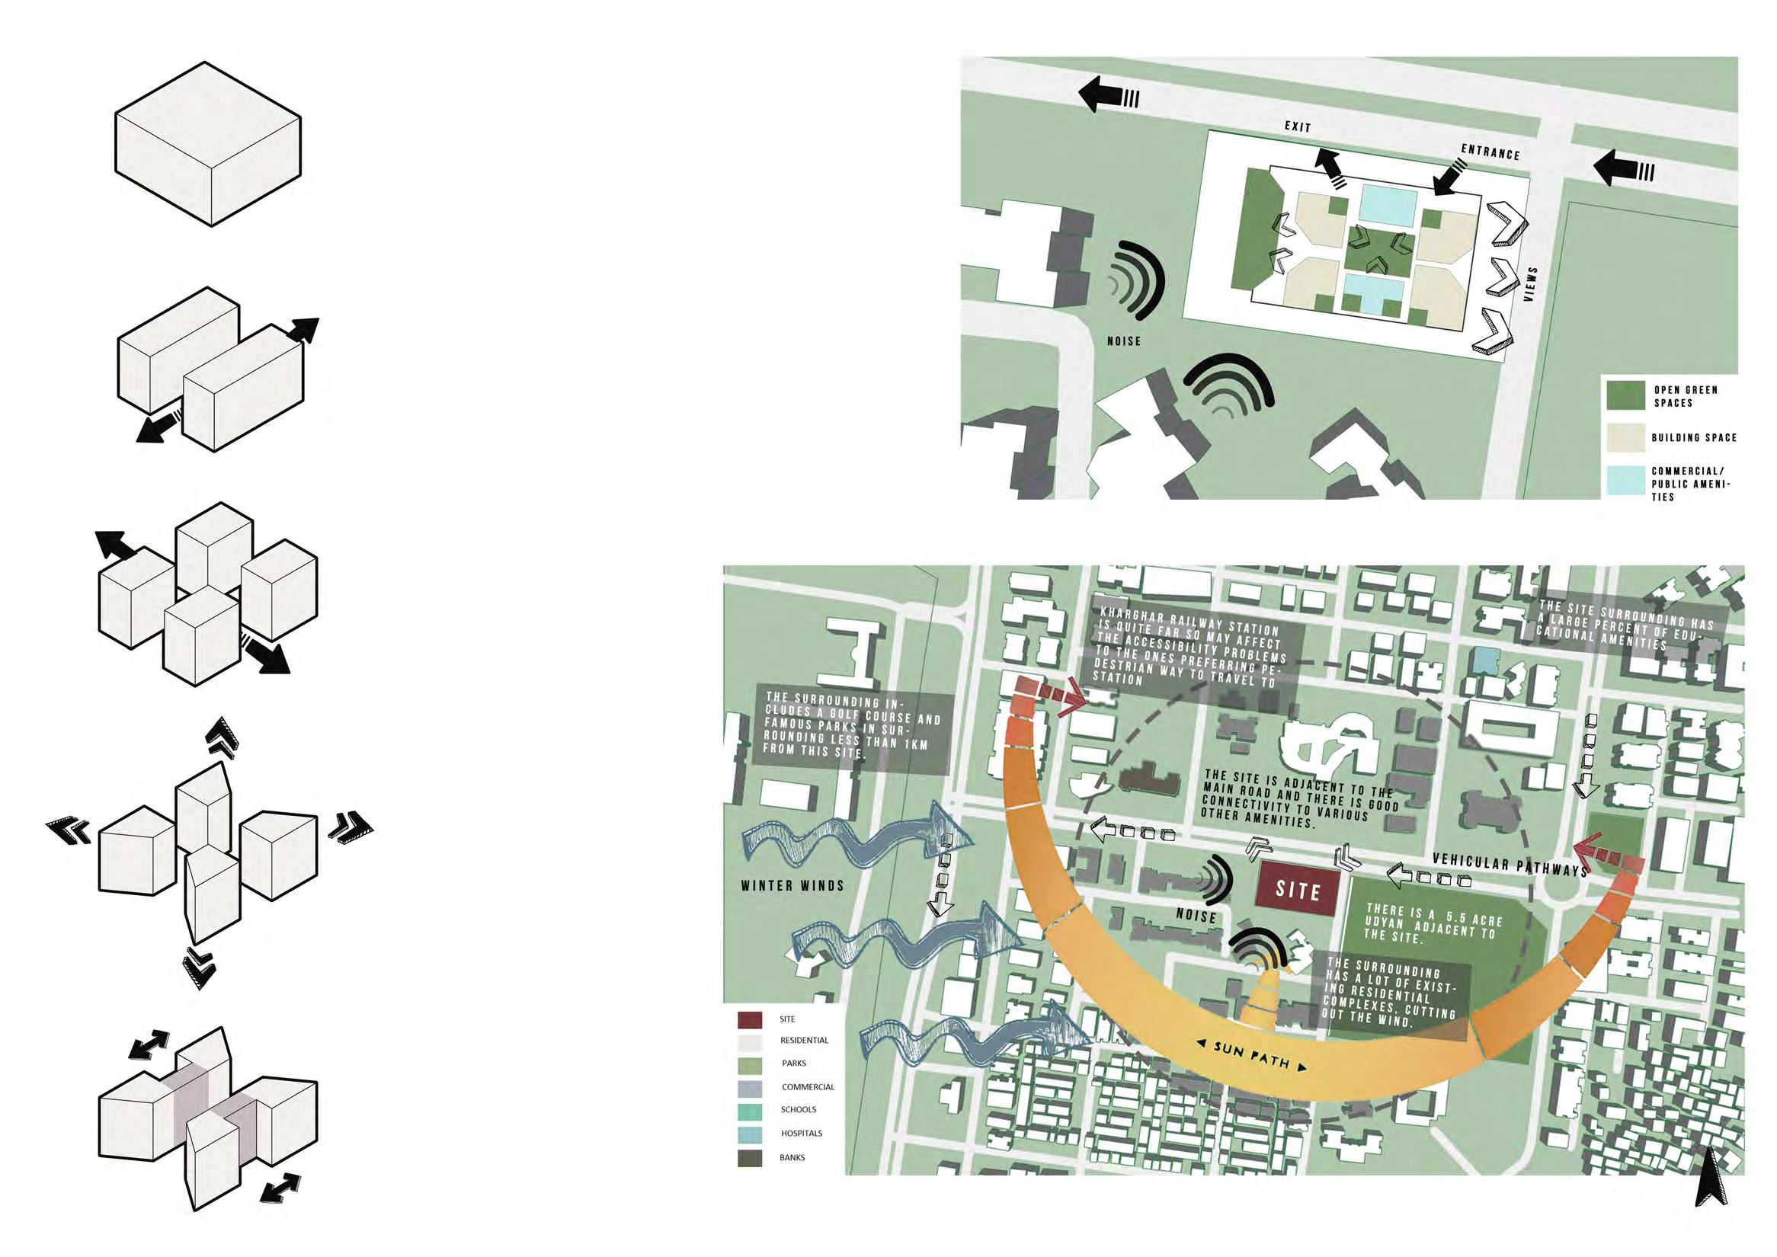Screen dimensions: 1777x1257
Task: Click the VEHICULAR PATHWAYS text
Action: tap(1509, 863)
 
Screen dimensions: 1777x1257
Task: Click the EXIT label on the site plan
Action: tap(1298, 126)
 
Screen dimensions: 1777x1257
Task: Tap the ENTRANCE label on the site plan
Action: tap(1490, 152)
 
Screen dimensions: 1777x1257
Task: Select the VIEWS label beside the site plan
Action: tap(1529, 284)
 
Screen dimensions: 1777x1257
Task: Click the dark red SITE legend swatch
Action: tap(750, 1019)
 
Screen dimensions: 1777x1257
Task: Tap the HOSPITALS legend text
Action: tap(802, 1133)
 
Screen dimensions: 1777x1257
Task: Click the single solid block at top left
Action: tap(207, 144)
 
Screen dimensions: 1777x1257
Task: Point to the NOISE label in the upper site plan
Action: tap(1123, 341)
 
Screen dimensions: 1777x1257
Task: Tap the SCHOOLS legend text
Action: tap(799, 1109)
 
